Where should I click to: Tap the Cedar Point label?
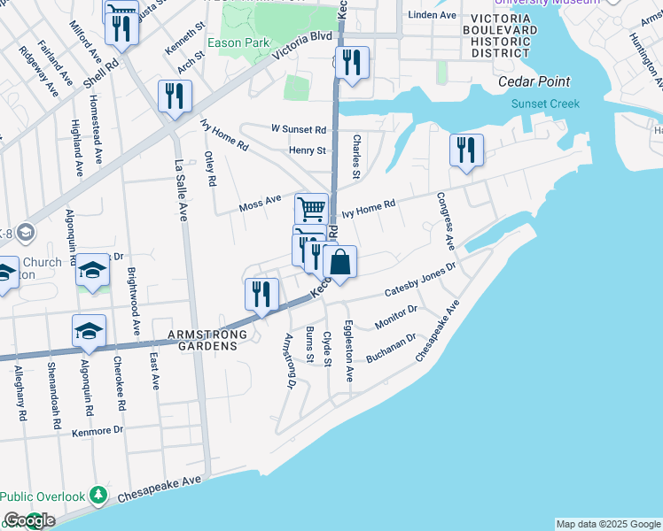click(x=535, y=83)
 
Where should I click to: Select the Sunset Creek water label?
click(x=545, y=104)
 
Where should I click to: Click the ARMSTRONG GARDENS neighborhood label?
click(x=203, y=340)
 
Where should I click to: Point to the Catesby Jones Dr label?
click(x=419, y=282)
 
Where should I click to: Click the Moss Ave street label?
click(x=260, y=204)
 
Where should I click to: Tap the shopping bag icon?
click(x=340, y=263)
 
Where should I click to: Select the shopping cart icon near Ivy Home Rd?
click(x=311, y=210)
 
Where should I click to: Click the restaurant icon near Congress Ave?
click(x=466, y=150)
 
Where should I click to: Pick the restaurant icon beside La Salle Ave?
click(x=175, y=96)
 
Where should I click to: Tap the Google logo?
click(x=28, y=520)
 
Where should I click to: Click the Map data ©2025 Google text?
click(x=608, y=524)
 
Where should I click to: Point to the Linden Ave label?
click(x=433, y=16)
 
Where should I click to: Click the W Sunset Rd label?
click(x=299, y=128)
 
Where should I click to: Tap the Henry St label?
click(x=308, y=150)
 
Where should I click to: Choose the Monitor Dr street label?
click(x=395, y=318)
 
